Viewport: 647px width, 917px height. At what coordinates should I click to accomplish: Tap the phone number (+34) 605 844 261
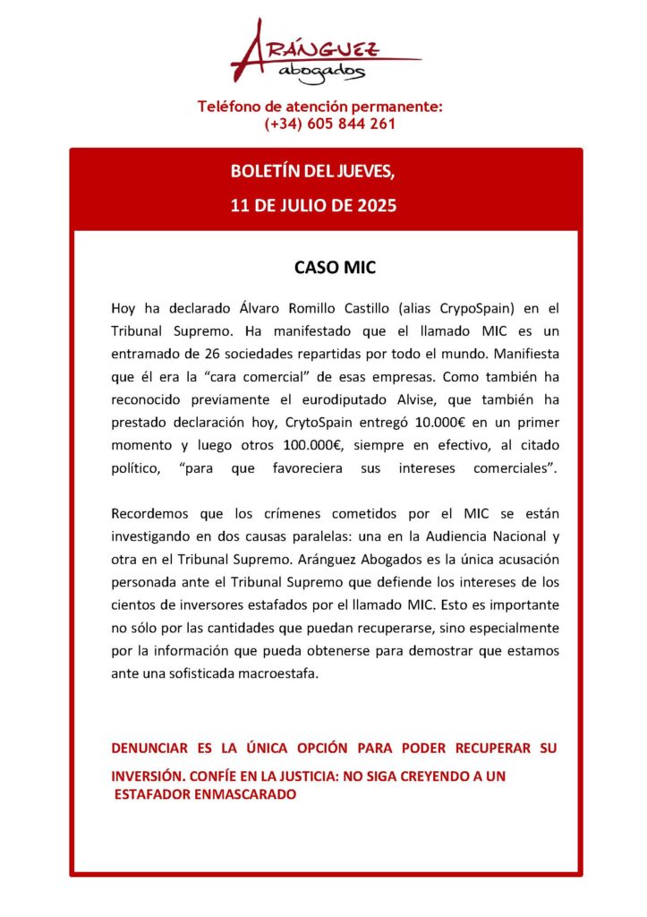pyautogui.click(x=329, y=124)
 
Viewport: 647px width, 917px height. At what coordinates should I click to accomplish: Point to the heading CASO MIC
pyautogui.click(x=323, y=268)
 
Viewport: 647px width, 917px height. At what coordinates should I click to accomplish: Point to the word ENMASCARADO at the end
pyautogui.click(x=246, y=793)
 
